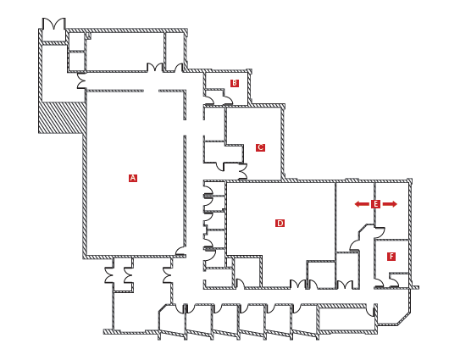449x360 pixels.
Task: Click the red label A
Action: [x=133, y=178]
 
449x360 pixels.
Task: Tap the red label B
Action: [x=235, y=83]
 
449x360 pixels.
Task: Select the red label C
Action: [x=260, y=147]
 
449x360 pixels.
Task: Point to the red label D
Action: [x=280, y=223]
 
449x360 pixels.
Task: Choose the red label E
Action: [x=375, y=204]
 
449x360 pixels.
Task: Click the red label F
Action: [x=391, y=257]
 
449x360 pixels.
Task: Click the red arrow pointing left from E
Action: [x=362, y=204]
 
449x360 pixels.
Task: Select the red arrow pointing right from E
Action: [x=390, y=204]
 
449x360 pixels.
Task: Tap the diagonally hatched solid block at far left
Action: [x=62, y=118]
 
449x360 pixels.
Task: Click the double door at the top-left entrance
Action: [x=54, y=24]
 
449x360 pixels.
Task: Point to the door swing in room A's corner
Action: [x=180, y=250]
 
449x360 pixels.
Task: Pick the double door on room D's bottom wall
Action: [x=298, y=284]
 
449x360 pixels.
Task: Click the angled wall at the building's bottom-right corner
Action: [x=404, y=318]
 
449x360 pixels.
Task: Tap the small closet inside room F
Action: [x=398, y=280]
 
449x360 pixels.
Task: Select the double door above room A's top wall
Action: [x=155, y=67]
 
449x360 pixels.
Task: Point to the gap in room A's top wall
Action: [x=151, y=91]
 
